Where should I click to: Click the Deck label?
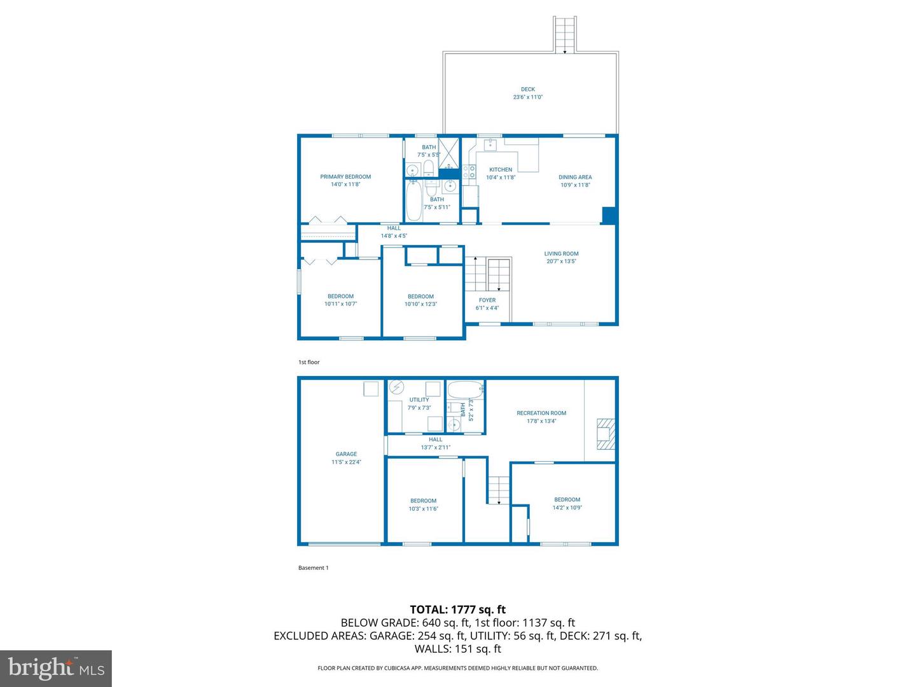coord(528,90)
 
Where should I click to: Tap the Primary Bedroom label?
coord(345,177)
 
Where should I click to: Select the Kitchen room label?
coord(501,170)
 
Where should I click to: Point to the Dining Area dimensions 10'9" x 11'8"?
coord(575,185)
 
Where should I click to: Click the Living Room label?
coord(561,254)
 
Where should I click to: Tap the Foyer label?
coord(487,300)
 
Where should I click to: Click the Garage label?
coord(346,454)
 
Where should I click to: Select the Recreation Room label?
coord(541,413)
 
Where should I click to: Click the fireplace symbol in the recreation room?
coord(606,434)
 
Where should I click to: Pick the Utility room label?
coord(419,400)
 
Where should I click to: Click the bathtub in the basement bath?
coord(465,389)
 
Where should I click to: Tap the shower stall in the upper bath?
coord(448,151)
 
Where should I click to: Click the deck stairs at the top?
coord(565,34)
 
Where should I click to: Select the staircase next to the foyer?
coord(488,275)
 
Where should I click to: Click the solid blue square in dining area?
coord(609,216)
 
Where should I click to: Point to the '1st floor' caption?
coord(309,362)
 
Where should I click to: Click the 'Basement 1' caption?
coord(314,568)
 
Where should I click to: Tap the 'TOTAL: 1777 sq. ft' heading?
coord(457,610)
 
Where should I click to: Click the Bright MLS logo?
coord(56,668)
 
